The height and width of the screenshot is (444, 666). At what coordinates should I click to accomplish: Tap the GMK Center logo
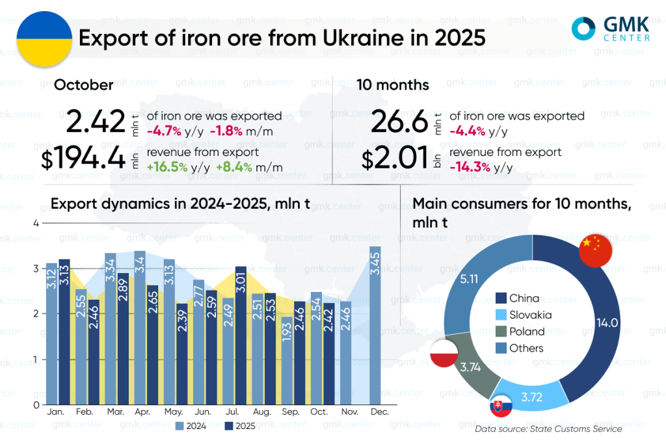click(609, 28)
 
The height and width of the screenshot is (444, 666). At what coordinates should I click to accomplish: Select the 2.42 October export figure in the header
click(95, 122)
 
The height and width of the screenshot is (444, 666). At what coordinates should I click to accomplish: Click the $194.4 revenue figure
click(83, 159)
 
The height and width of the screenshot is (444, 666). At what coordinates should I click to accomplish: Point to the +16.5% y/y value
click(167, 168)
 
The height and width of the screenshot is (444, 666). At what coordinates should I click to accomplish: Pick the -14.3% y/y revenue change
click(477, 168)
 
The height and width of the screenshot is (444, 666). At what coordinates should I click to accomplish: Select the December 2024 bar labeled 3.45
click(375, 325)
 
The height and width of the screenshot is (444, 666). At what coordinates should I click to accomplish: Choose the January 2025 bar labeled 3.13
click(64, 332)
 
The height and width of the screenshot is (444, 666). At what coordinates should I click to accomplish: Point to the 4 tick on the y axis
click(36, 223)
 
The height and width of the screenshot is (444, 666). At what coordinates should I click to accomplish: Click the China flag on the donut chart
click(592, 250)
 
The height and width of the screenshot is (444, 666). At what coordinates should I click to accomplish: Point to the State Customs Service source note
click(548, 429)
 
